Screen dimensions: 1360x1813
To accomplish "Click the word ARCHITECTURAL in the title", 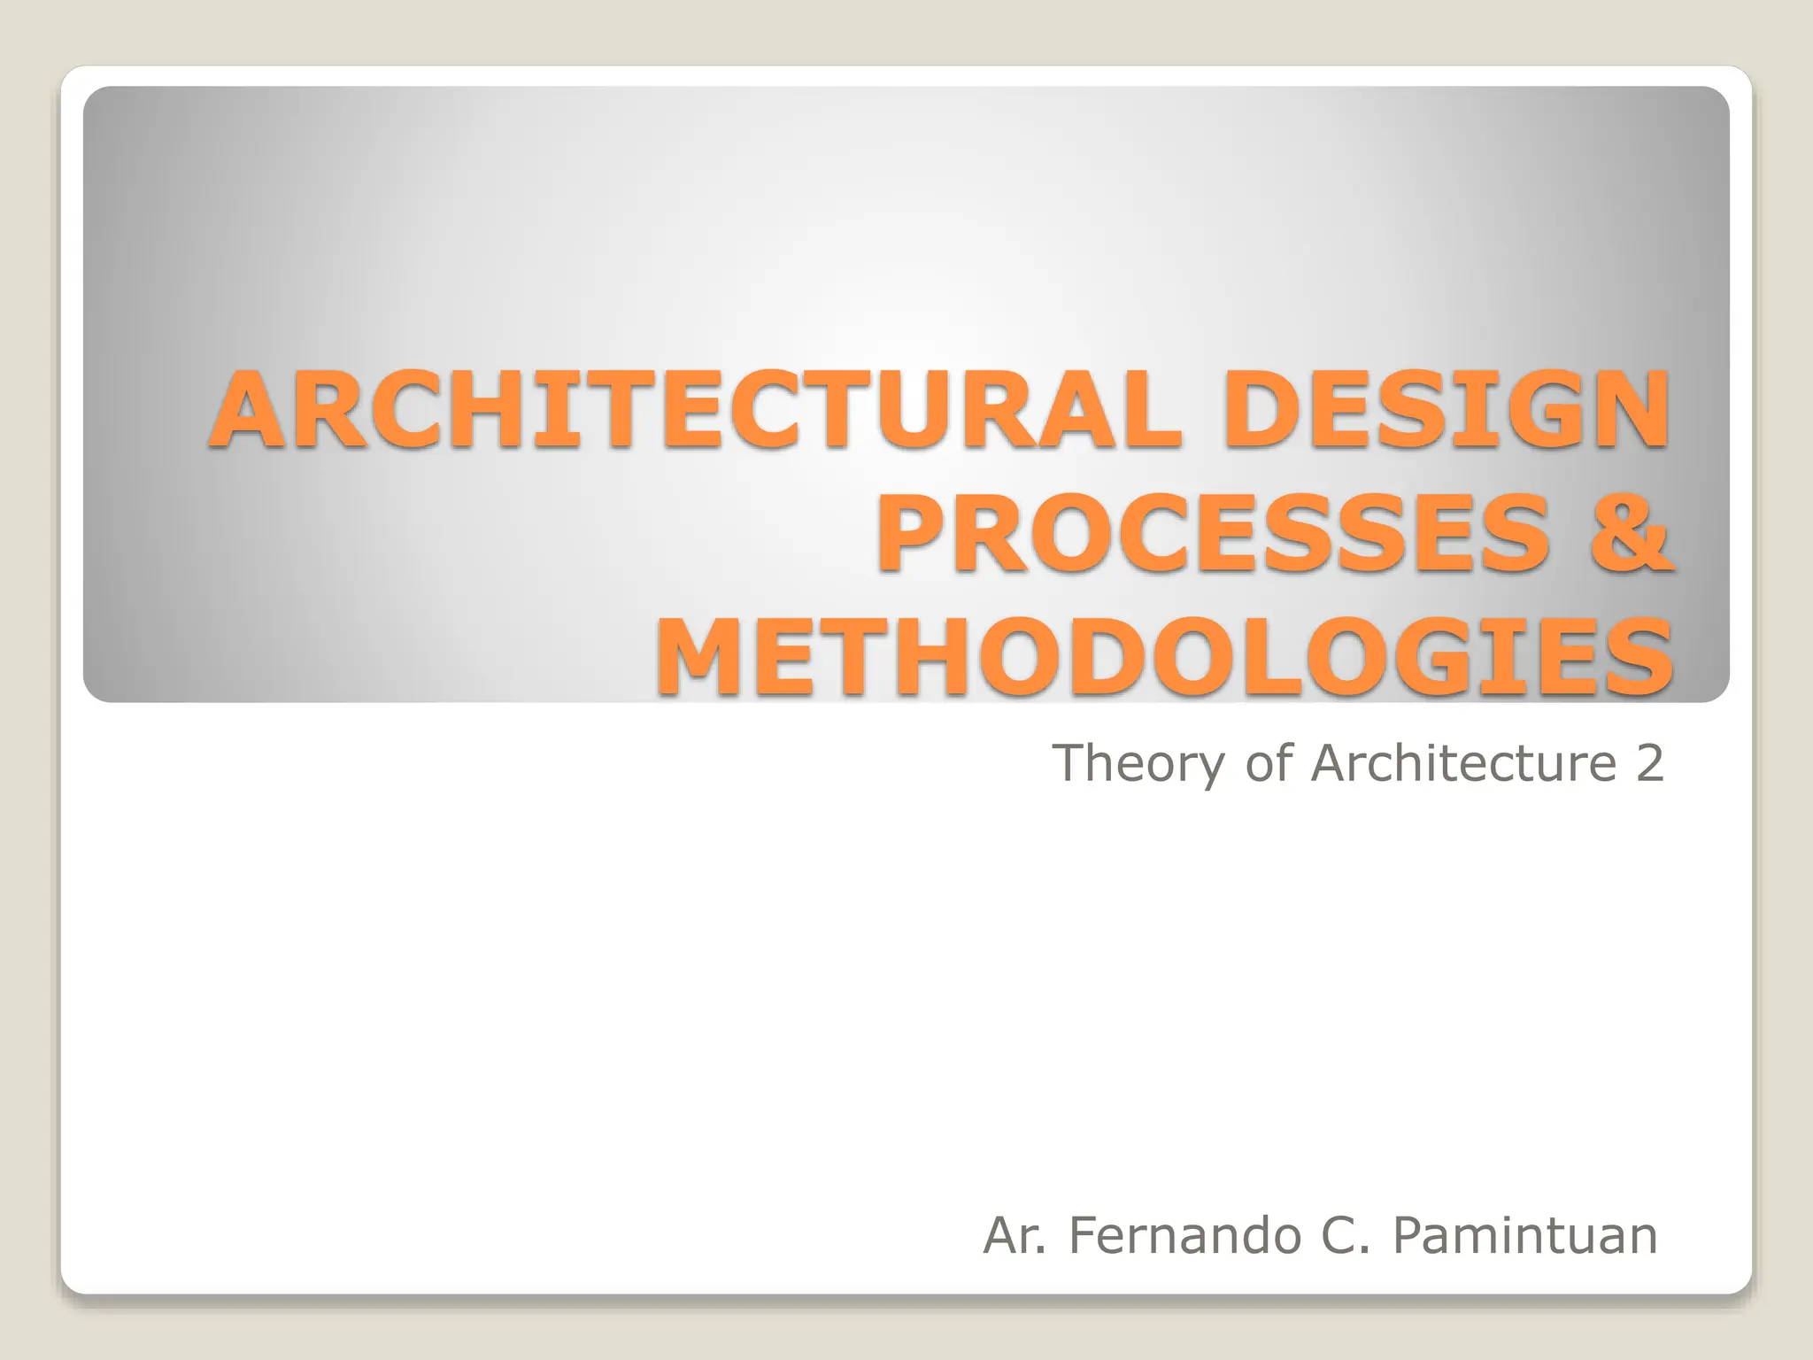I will click(x=695, y=409).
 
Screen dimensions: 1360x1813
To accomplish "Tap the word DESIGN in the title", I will click(x=1446, y=409).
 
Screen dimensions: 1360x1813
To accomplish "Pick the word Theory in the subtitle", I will click(x=1141, y=763).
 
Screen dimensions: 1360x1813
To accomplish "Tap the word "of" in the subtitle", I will click(x=1270, y=763).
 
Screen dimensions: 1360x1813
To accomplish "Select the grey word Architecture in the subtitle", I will click(x=1464, y=763).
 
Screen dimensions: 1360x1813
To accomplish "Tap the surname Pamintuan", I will click(x=1524, y=1235).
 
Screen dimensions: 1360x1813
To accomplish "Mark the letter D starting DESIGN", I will click(x=1256, y=409).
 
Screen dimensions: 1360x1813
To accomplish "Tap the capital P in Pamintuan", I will click(x=1411, y=1235).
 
